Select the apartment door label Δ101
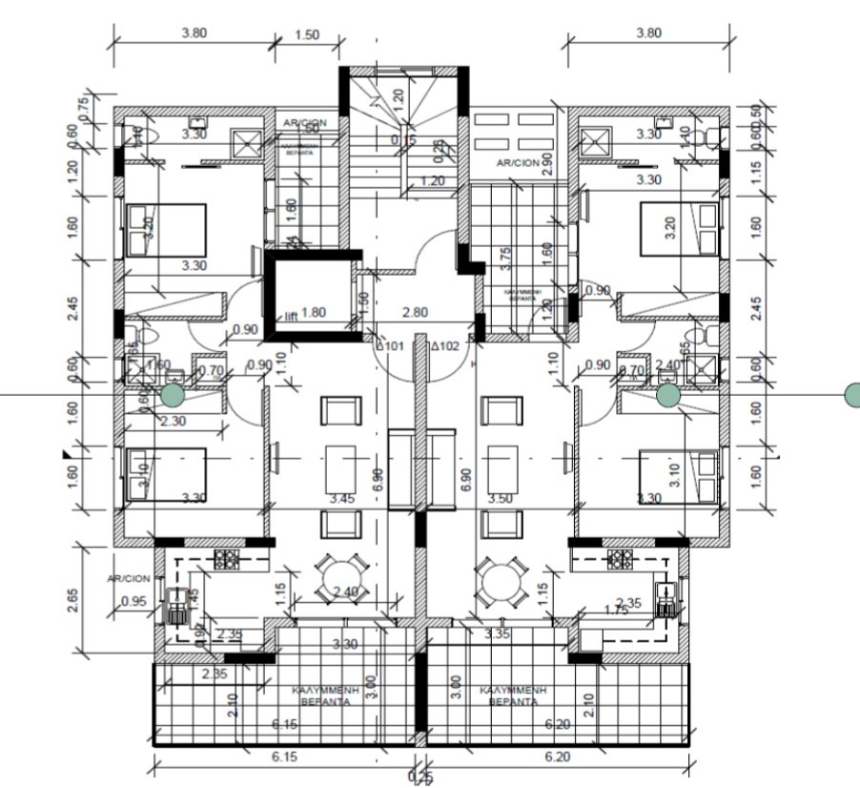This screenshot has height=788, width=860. coord(393,346)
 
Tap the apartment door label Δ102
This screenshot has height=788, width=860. coord(444,346)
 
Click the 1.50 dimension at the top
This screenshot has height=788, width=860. coord(307,34)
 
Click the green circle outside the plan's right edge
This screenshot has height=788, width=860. coord(852,393)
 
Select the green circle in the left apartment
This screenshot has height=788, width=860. coord(172,394)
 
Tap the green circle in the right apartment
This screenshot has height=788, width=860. coord(668,394)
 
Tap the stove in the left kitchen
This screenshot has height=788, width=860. coord(228,558)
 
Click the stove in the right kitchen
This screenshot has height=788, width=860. coord(621,558)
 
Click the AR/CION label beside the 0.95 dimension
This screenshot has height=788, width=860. coord(130,579)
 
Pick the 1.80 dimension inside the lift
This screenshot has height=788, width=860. coord(314,312)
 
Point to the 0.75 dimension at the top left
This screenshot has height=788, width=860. coord(82,108)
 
